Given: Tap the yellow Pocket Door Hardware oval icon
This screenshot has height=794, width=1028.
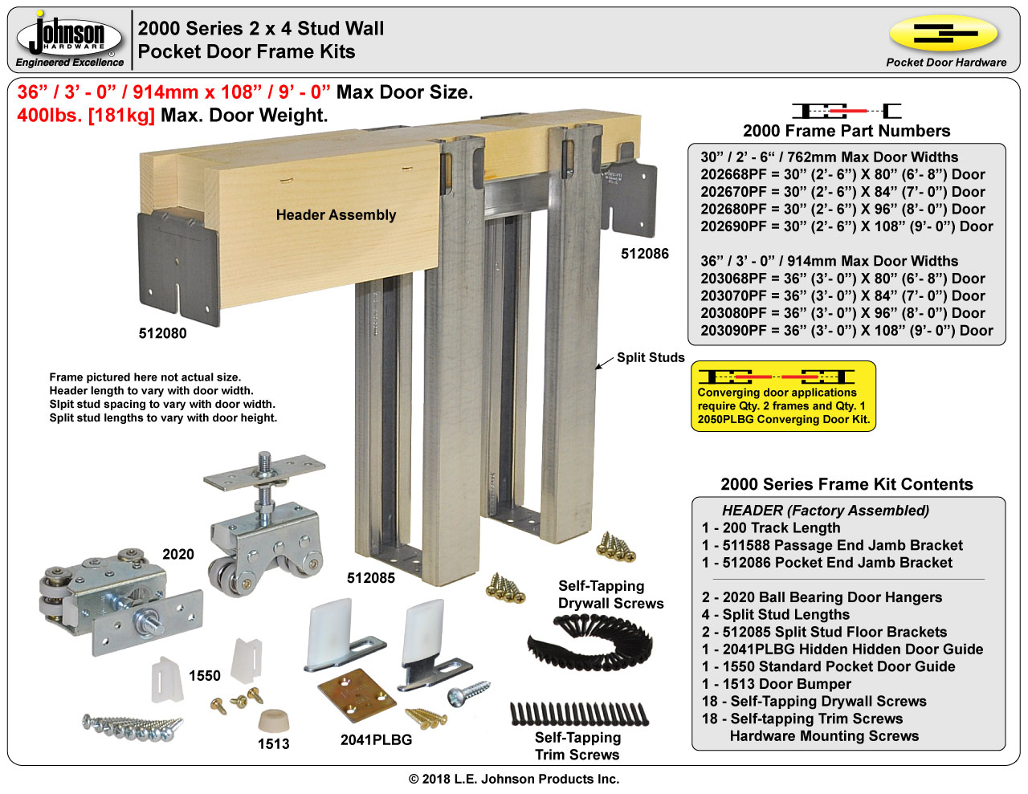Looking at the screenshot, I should click(x=943, y=34).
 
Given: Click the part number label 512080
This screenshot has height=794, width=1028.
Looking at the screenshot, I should click(x=162, y=333).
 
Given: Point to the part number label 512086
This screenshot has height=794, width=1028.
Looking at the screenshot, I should click(x=644, y=254).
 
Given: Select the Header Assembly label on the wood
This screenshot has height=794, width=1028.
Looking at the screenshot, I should click(x=336, y=215).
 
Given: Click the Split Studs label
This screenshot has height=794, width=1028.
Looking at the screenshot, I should click(x=650, y=358).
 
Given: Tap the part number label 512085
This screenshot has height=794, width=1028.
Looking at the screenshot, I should click(x=370, y=578).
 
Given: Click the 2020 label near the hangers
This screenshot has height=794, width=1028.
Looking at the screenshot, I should click(x=177, y=554).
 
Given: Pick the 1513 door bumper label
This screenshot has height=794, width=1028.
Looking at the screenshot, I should click(x=273, y=744).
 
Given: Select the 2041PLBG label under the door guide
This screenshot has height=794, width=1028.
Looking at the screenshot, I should click(x=376, y=740).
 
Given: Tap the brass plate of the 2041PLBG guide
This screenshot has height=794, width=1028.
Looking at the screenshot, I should click(x=357, y=693).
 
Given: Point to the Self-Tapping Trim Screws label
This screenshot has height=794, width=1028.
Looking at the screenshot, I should click(x=577, y=746).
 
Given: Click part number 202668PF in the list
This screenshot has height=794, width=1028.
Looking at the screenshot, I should click(x=733, y=174).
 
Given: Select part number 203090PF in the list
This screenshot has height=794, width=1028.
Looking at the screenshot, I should click(x=733, y=330).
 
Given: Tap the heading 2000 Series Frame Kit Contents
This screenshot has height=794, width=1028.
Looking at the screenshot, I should click(x=846, y=484).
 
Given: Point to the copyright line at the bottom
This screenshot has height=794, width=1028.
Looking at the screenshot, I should click(x=514, y=779).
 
